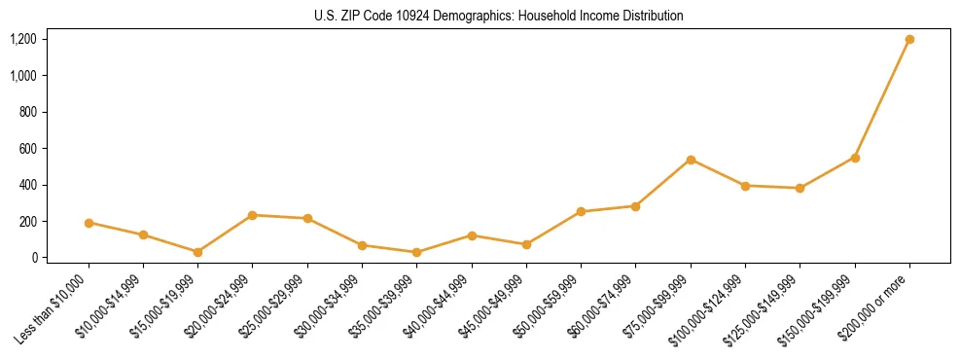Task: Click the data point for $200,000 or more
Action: (x=909, y=39)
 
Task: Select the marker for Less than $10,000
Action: (x=89, y=223)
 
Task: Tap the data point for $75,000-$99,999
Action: (x=691, y=160)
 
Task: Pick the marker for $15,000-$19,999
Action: (x=197, y=252)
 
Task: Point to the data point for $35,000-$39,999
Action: (x=416, y=252)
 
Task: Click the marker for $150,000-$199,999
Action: (x=855, y=158)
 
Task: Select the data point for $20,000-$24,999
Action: (x=253, y=215)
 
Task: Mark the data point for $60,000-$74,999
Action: (x=635, y=206)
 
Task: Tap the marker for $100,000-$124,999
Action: (x=745, y=186)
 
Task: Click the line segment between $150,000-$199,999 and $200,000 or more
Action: (x=882, y=98)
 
